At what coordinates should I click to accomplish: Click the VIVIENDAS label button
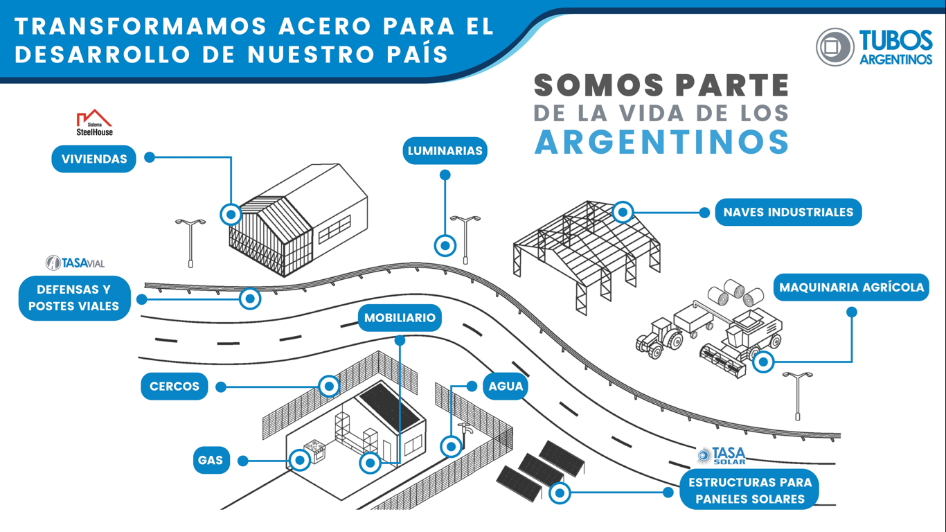94,159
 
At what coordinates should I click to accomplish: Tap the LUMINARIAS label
445,151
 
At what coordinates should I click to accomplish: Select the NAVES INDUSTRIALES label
788,212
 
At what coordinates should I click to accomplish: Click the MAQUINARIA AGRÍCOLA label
851,287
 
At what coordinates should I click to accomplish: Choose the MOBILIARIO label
400,318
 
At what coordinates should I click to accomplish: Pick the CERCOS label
175,387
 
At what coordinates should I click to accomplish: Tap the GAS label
211,460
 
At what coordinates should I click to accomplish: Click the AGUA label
506,387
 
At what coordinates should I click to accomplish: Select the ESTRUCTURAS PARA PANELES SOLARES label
749,490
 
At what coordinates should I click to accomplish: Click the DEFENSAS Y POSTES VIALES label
74,298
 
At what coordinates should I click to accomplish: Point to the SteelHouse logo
94,123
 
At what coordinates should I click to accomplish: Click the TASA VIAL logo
75,263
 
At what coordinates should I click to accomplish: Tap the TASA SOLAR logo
722,455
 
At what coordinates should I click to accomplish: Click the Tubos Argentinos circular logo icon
835,47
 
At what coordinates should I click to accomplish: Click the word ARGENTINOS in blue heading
662,142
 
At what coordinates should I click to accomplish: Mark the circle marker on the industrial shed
623,212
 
